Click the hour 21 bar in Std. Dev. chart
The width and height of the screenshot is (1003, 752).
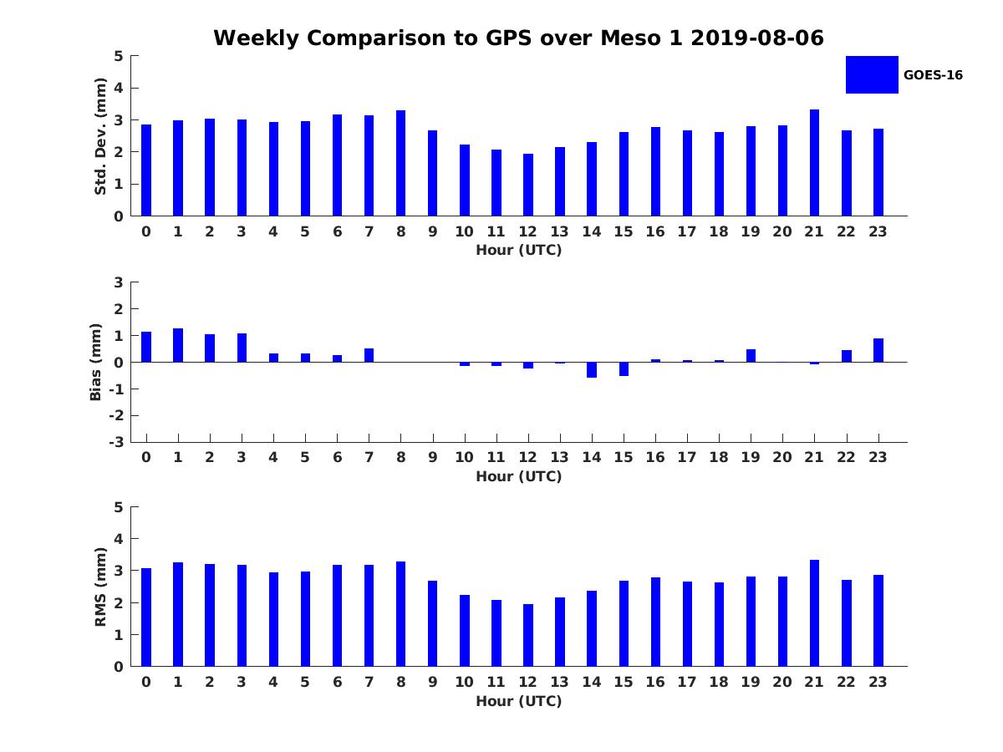pyautogui.click(x=814, y=163)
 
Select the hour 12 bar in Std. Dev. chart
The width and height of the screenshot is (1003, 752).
pyautogui.click(x=527, y=185)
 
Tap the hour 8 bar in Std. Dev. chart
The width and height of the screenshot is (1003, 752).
pyautogui.click(x=400, y=163)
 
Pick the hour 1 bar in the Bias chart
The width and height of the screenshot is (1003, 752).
pyautogui.click(x=178, y=345)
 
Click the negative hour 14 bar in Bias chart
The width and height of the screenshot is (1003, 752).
pyautogui.click(x=592, y=369)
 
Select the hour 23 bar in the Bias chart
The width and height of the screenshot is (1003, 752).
pyautogui.click(x=878, y=350)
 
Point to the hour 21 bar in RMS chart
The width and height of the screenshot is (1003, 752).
pyautogui.click(x=814, y=613)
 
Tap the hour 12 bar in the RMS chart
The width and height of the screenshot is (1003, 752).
pyautogui.click(x=527, y=635)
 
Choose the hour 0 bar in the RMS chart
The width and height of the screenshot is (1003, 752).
pyautogui.click(x=146, y=617)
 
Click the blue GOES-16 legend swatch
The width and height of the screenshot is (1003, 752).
pyautogui.click(x=872, y=74)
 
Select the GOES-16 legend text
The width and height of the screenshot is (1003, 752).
pyautogui.click(x=933, y=75)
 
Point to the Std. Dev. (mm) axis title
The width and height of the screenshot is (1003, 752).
pyautogui.click(x=100, y=136)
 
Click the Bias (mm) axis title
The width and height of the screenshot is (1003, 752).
pyautogui.click(x=97, y=362)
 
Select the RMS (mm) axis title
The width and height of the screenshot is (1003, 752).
pyautogui.click(x=100, y=587)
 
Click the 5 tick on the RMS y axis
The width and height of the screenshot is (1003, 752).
pyautogui.click(x=120, y=507)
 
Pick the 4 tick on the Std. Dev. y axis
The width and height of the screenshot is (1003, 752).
pyautogui.click(x=120, y=88)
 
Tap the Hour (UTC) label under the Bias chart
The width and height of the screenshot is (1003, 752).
pyautogui.click(x=518, y=476)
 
